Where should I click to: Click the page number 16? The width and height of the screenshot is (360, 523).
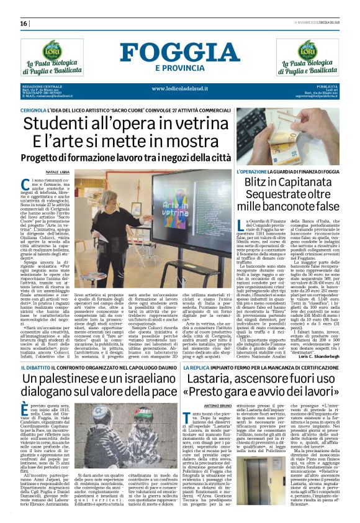tap(24, 24)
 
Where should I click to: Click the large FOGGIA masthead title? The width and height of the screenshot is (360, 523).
tap(179, 52)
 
